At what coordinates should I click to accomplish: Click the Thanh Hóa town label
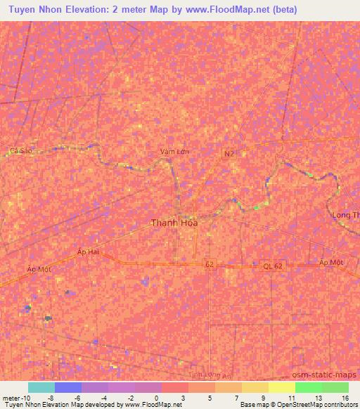tap(174, 223)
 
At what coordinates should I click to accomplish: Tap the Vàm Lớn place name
tap(174, 152)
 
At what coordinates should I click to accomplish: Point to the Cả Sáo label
tap(21, 150)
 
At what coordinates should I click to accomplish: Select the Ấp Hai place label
tap(89, 251)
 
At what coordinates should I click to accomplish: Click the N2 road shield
tap(229, 153)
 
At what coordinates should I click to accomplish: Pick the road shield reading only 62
tap(209, 264)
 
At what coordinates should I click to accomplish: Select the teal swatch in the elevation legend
tap(41, 387)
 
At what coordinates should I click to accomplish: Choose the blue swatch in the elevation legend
tap(68, 387)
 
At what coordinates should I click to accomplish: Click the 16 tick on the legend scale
tap(345, 398)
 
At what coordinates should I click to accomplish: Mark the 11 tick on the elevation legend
tap(290, 398)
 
